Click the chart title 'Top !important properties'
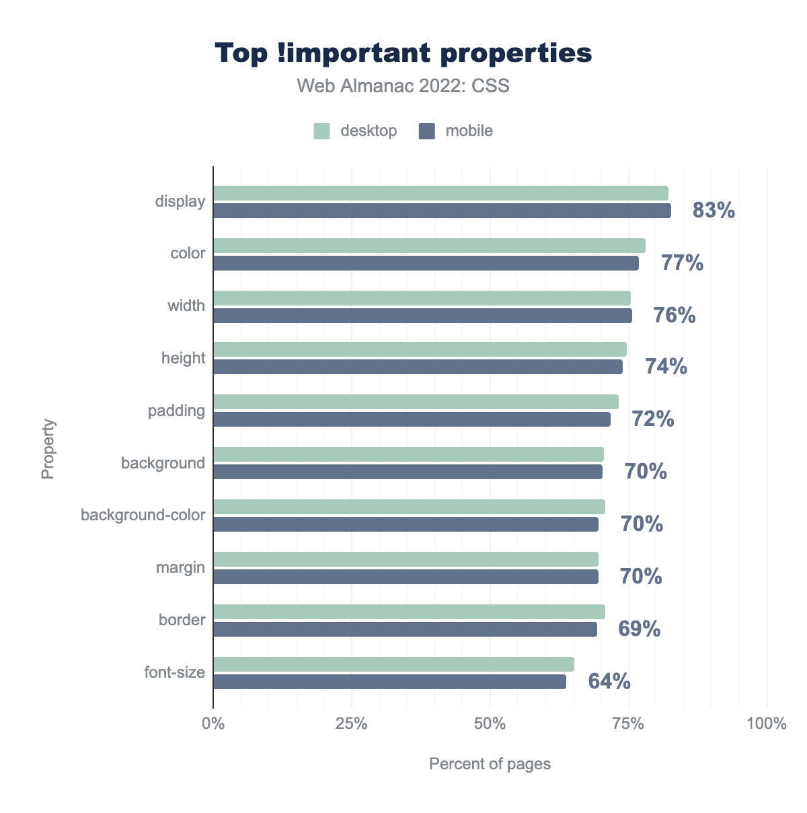[x=403, y=53]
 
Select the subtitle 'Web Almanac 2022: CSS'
[x=403, y=86]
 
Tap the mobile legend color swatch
[x=427, y=131]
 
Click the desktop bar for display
[x=440, y=193]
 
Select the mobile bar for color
[x=426, y=263]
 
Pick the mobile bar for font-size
[x=389, y=682]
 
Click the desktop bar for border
[x=409, y=612]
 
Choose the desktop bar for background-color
[x=409, y=507]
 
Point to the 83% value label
[x=714, y=211]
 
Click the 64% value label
[x=609, y=682]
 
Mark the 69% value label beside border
[x=640, y=629]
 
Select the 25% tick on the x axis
[x=352, y=724]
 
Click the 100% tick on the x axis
[x=767, y=724]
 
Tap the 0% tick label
[x=213, y=724]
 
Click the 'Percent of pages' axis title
[x=490, y=764]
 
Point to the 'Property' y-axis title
[x=48, y=449]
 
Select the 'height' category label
[x=183, y=358]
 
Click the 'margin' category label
[x=180, y=567]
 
